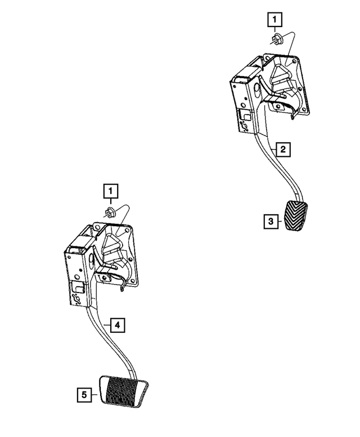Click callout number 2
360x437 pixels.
[x=282, y=149]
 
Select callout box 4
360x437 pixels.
[x=116, y=325]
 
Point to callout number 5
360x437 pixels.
[x=84, y=396]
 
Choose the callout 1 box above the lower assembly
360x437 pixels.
[x=110, y=192]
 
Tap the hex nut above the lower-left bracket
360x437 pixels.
[x=110, y=213]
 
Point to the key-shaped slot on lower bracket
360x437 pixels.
[x=77, y=300]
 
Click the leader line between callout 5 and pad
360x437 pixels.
[x=94, y=396]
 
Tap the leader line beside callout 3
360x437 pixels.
[x=281, y=222]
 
